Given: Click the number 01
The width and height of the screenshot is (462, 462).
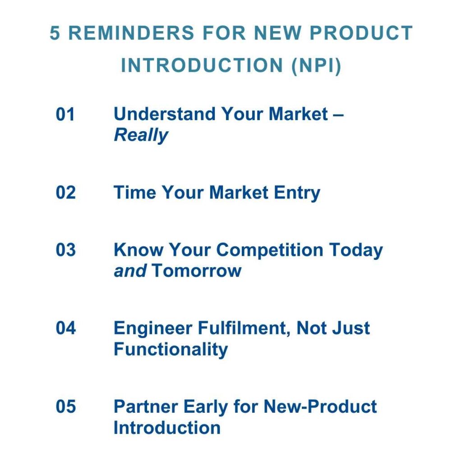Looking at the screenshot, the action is (65, 114).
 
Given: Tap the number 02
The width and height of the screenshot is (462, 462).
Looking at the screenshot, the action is (65, 192).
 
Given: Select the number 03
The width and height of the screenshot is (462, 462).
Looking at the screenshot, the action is (65, 249).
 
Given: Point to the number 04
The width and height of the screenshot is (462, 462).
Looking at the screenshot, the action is (65, 328).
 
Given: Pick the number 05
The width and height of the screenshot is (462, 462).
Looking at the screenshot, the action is (65, 407).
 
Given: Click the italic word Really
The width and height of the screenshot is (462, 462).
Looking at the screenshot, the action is (141, 136).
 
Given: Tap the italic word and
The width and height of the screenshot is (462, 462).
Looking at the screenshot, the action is (130, 271).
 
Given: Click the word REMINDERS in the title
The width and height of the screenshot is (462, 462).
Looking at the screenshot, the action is (131, 32).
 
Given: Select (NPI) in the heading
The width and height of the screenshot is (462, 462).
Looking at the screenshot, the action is (316, 65).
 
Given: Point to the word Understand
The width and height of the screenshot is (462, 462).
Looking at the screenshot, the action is (164, 114).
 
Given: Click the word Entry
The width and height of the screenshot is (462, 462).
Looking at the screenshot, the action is (297, 194).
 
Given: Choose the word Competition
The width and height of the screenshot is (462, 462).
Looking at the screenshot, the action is (270, 251).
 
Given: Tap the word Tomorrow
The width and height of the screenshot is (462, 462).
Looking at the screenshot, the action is (197, 271).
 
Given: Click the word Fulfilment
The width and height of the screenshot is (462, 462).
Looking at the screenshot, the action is (244, 328).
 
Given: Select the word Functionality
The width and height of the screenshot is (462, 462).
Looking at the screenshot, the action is (171, 350).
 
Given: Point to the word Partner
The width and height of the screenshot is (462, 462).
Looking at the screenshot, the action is (146, 407).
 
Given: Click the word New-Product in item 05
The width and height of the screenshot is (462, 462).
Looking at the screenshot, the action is (320, 407).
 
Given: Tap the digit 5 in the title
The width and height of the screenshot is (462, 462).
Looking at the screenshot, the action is (55, 32).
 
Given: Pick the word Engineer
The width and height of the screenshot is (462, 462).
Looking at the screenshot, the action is (152, 329).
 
